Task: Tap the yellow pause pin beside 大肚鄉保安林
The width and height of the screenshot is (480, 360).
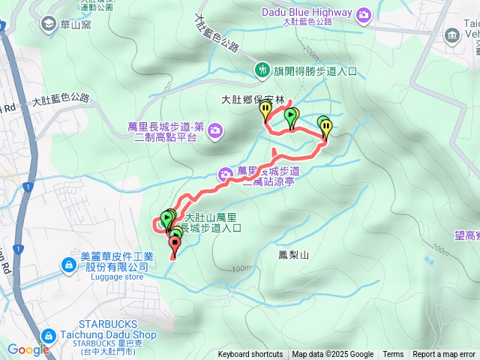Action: tap(265, 111)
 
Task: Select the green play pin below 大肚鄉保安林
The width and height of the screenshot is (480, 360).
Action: tap(291, 115)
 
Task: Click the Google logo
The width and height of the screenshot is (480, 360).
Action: tap(28, 349)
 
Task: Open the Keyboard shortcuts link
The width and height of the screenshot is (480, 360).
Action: tap(250, 355)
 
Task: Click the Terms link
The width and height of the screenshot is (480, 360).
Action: tap(393, 355)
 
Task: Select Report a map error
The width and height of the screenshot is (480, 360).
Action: tap(444, 355)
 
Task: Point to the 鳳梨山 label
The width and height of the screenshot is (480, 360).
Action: tap(293, 255)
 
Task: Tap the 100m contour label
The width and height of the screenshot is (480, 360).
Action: tap(241, 268)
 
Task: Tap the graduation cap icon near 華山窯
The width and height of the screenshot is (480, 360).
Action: tap(49, 23)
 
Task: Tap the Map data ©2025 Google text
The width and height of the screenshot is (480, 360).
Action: tap(333, 355)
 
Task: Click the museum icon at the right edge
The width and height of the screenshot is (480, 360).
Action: tap(452, 35)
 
